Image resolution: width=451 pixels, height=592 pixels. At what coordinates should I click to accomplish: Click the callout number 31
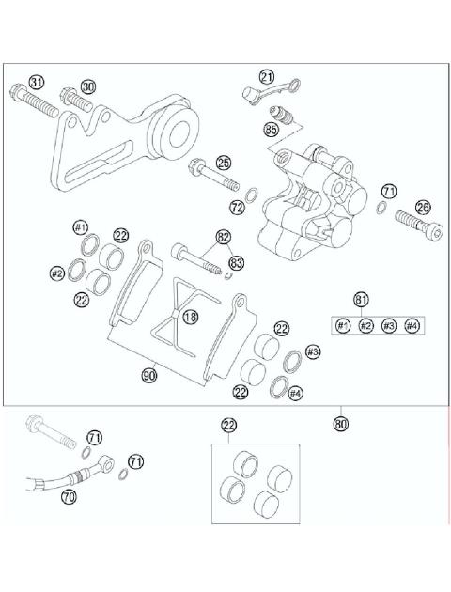[x=37, y=82]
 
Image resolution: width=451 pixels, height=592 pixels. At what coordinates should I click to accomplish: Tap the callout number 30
[x=88, y=86]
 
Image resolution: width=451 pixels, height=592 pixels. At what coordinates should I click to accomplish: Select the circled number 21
[x=268, y=77]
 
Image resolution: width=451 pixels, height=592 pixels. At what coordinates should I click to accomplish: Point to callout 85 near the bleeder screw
[x=272, y=129]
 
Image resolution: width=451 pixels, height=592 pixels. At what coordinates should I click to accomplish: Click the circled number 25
[x=223, y=162]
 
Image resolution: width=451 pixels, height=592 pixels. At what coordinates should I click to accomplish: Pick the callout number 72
[x=237, y=206]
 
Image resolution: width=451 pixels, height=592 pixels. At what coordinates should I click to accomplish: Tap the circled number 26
[x=423, y=208]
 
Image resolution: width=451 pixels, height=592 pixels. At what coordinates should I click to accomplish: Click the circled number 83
[x=236, y=262]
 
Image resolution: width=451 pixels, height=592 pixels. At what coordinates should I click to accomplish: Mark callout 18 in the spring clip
[x=191, y=318]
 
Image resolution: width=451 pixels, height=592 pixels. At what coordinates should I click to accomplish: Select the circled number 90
[x=148, y=375]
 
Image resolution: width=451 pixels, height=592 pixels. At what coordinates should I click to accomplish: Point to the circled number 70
[x=69, y=497]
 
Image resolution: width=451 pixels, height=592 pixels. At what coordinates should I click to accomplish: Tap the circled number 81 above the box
[x=360, y=300]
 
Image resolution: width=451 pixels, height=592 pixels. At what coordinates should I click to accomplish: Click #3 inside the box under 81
[x=388, y=325]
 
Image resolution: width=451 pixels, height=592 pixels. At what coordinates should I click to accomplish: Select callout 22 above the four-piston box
[x=228, y=426]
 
